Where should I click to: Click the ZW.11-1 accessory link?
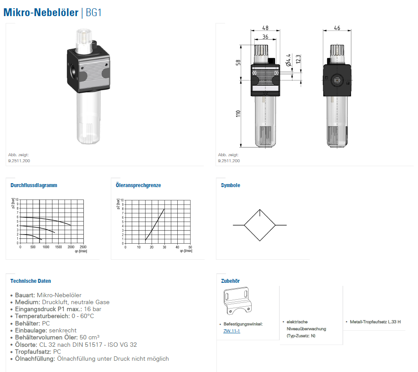point(232,331)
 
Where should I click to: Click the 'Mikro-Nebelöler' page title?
point(41,13)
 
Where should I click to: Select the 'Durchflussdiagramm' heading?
point(34,185)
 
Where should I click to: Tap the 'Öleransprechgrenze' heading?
point(138,185)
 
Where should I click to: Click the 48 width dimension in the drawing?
point(265,28)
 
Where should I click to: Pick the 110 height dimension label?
point(238,114)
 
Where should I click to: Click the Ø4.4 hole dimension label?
point(288,60)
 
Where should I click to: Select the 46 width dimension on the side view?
point(337,28)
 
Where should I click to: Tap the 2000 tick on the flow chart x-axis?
point(71,247)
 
